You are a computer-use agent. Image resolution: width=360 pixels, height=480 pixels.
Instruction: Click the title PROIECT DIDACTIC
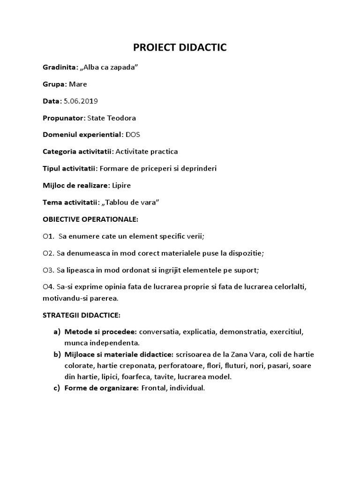tap(180, 47)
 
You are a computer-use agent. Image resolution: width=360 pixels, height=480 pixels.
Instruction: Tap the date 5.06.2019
tap(81, 101)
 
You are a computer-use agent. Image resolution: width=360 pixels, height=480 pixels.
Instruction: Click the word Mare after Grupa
tap(78, 84)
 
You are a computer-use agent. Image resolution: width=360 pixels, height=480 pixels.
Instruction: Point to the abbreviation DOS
tap(133, 135)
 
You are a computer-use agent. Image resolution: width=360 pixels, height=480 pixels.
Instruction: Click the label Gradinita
tap(60, 67)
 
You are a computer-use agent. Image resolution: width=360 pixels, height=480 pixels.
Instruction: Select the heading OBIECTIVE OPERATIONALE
tap(90, 219)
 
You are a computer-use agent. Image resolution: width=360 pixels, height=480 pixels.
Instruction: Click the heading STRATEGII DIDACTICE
tap(82, 315)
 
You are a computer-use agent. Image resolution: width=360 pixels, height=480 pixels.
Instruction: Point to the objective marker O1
tap(47, 236)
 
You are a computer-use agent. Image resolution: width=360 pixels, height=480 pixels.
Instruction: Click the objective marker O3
tap(47, 270)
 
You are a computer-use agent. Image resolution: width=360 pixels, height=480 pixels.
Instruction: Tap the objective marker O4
tap(47, 286)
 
